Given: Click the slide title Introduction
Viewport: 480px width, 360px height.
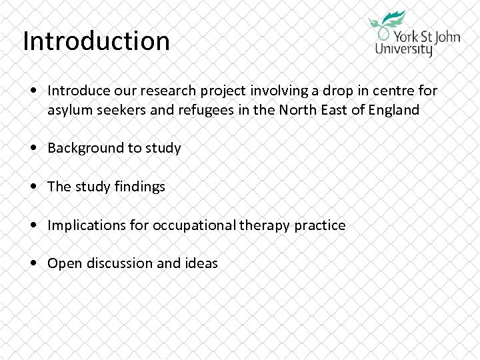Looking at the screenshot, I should click(x=96, y=41).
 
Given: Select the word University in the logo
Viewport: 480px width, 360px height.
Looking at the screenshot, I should click(x=404, y=49).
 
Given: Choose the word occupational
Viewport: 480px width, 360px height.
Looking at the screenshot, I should click(x=194, y=226).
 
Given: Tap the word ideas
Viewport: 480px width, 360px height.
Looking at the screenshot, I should click(x=201, y=263).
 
